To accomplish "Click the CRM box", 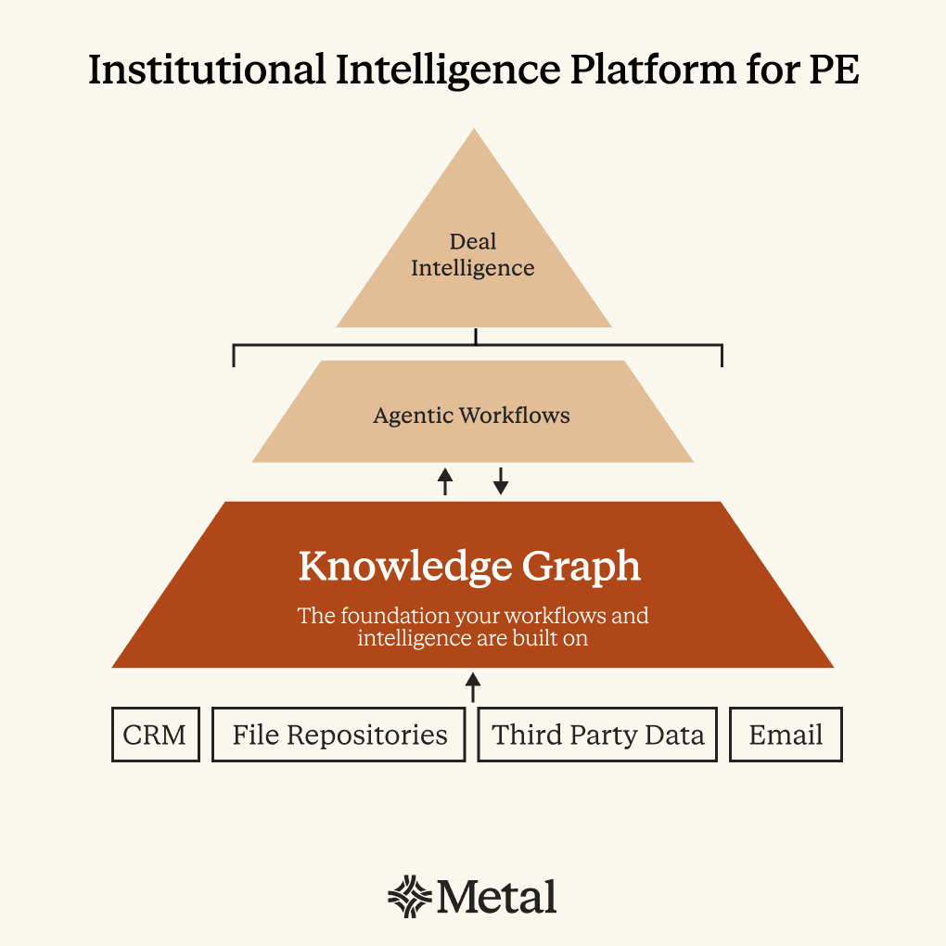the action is point(155,735).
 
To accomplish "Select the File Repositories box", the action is point(339,735).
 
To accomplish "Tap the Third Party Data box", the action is point(597,735).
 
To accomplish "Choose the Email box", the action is point(786,735).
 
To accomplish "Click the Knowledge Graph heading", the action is point(469,567).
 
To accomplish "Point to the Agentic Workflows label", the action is point(471,415).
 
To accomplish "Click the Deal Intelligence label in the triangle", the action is point(473,255).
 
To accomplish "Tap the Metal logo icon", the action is point(409,897).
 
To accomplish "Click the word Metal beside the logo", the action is point(498,897).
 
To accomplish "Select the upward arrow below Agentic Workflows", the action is point(445,480).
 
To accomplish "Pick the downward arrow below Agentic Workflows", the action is point(501,480).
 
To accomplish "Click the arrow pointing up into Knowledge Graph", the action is point(473,687).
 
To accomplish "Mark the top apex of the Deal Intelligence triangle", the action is point(474,132).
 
